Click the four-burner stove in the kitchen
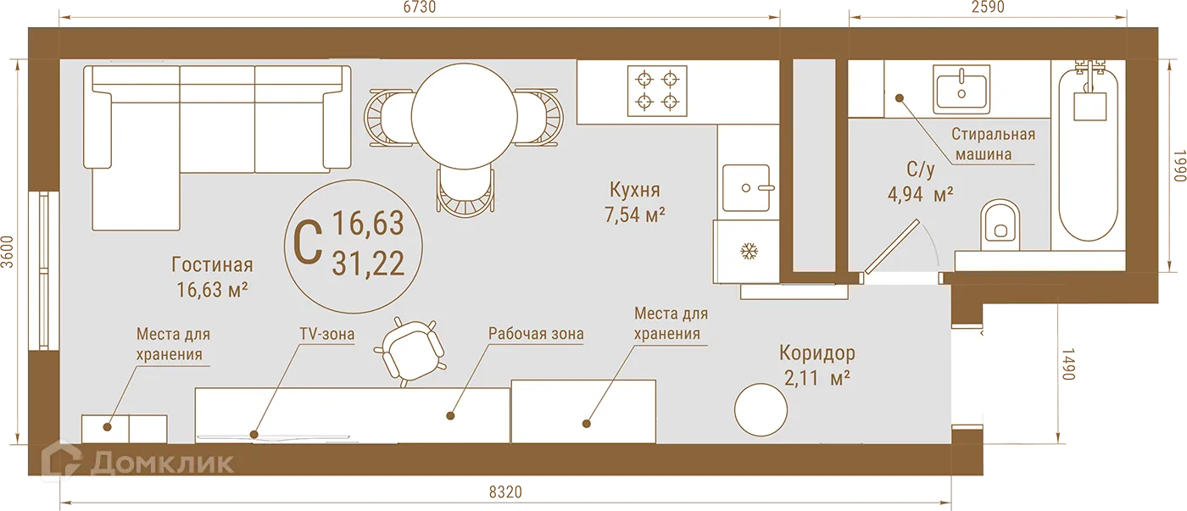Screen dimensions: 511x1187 click(658, 91)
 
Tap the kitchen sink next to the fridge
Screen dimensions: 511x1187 click(747, 187)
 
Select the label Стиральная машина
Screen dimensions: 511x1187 click(993, 144)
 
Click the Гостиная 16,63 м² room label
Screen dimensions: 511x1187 click(212, 277)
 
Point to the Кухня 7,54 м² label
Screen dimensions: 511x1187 click(633, 202)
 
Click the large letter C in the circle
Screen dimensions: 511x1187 click(307, 242)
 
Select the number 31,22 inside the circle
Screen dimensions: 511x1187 click(367, 264)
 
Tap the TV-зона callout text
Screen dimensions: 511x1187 click(326, 334)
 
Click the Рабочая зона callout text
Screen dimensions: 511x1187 click(535, 334)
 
